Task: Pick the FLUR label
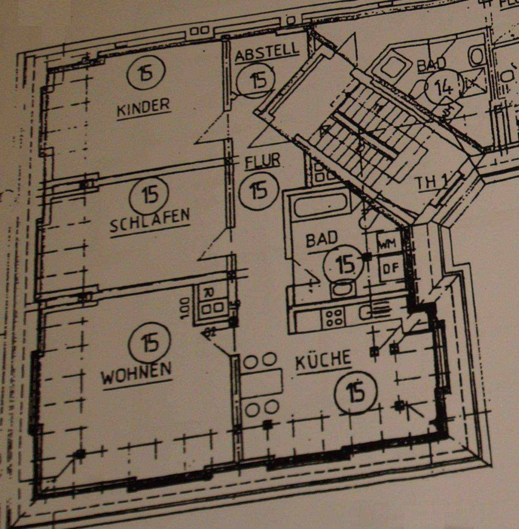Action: tap(263, 161)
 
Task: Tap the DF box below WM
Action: tap(390, 268)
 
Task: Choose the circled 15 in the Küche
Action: tap(356, 393)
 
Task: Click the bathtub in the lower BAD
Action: tap(322, 207)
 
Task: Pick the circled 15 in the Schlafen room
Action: tap(149, 195)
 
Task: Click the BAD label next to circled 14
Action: tap(431, 64)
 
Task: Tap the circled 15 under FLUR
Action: tap(259, 190)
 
